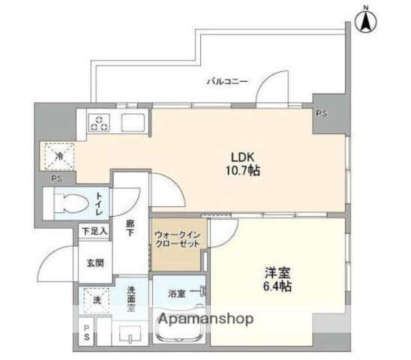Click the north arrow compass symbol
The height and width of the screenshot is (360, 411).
(x=366, y=20)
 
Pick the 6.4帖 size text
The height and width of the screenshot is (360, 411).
(x=277, y=287)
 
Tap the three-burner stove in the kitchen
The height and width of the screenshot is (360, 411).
(x=98, y=121)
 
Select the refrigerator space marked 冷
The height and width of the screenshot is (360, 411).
(x=58, y=157)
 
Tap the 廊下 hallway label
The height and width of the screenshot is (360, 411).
(x=131, y=228)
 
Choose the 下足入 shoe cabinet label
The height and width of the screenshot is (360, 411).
(x=95, y=232)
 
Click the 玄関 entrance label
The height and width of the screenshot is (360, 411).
(x=94, y=262)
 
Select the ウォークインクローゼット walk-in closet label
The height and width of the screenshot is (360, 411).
(x=178, y=241)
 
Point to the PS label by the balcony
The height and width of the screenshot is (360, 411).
(x=321, y=115)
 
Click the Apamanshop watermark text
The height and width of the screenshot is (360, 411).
(x=204, y=319)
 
